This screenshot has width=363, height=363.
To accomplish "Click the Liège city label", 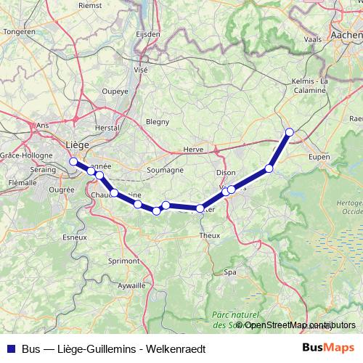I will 76,144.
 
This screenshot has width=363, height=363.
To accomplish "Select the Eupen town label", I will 319,156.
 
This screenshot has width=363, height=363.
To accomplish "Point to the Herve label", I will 193,149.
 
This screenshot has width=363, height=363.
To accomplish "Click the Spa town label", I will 230,272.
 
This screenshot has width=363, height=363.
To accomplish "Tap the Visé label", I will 140,70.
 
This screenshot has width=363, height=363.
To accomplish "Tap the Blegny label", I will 157,122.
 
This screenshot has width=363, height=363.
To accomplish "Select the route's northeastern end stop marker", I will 290,132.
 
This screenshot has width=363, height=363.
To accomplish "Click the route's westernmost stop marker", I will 73,161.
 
